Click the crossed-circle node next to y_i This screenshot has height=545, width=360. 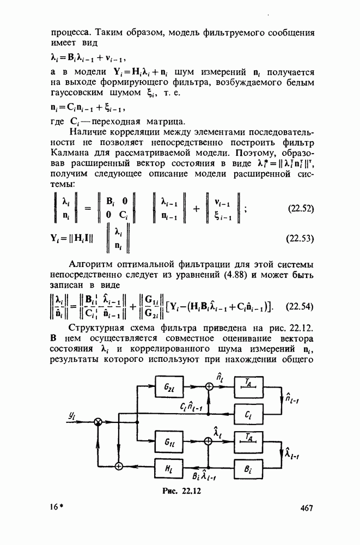[99, 422]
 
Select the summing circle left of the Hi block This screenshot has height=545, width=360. [119, 465]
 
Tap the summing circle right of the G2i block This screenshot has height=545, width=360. [208, 386]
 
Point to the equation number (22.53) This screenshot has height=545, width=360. [299, 239]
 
